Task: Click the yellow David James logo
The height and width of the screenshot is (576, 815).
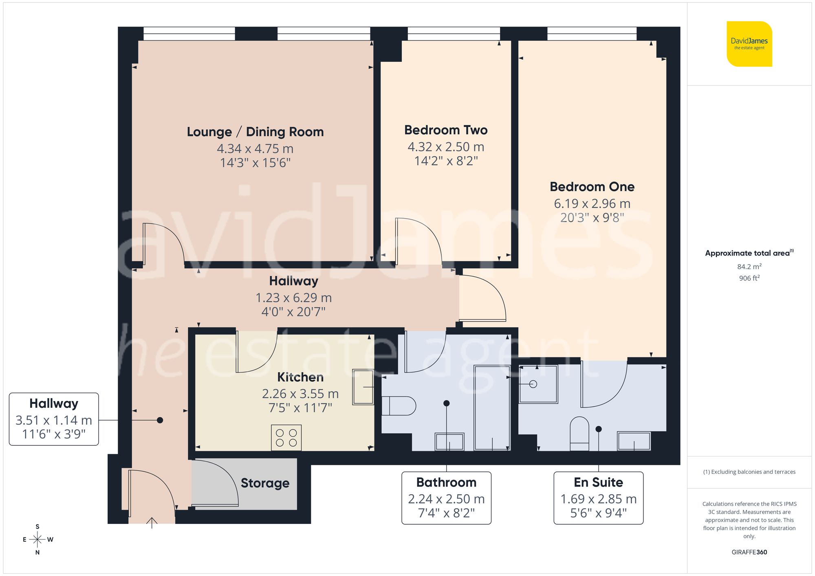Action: [749, 44]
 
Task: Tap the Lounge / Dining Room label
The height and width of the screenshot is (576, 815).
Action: [255, 132]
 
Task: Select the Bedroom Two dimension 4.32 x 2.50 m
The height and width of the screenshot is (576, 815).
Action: [446, 147]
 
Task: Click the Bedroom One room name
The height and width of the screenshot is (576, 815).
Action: [592, 187]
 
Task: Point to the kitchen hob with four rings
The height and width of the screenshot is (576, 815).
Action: [286, 438]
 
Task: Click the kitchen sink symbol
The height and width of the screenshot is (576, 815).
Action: [363, 387]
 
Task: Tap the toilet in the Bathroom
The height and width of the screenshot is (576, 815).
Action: [399, 406]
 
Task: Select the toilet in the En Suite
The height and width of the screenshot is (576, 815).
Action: [579, 433]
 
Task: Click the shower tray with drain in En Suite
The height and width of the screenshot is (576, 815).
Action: [538, 384]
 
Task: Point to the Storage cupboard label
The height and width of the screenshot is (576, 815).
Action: [265, 483]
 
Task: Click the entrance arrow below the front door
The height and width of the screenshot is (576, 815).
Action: [152, 522]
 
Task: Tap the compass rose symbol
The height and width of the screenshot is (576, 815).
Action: [37, 540]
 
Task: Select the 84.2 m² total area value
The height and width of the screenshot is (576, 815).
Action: [749, 267]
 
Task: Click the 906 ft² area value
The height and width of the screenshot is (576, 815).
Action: [749, 278]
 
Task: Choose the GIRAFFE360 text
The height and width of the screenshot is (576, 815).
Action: [749, 552]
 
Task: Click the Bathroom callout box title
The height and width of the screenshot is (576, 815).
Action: [446, 482]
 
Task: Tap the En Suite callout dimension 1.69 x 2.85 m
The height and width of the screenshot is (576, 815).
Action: [598, 499]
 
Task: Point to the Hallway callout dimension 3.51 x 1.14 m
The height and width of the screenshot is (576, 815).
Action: [54, 420]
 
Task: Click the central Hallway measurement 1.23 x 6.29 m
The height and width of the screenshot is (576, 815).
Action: [293, 298]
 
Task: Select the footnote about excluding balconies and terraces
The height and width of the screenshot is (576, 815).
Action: [749, 472]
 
